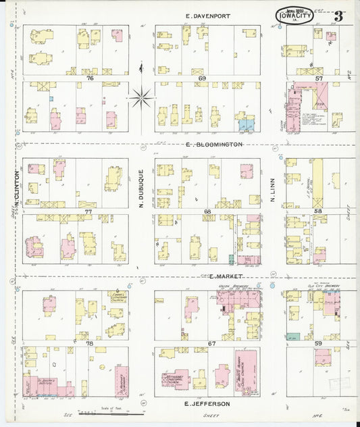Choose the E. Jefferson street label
pyautogui.click(x=207, y=403)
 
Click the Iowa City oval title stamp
pyautogui.click(x=294, y=16)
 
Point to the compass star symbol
pyautogui.click(x=140, y=98)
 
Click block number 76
pyautogui.click(x=89, y=78)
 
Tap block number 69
pyautogui.click(x=202, y=78)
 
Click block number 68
pyautogui.click(x=207, y=211)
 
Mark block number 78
pyautogui.click(x=89, y=343)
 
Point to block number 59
pyautogui.click(x=319, y=343)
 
